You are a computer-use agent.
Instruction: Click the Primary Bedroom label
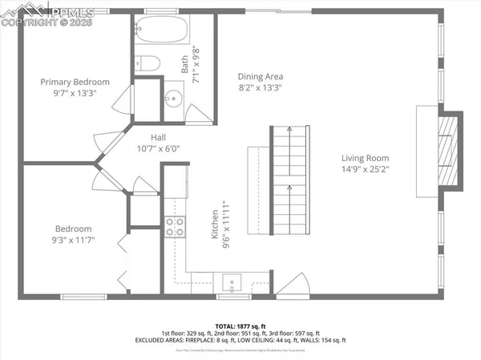point(75,82)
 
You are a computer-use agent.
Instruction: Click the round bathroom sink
point(174,99)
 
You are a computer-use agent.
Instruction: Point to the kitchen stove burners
point(174,227)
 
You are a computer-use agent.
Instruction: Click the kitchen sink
point(231,282)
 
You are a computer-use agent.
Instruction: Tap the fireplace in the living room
point(450,149)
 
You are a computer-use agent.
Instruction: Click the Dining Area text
point(261,77)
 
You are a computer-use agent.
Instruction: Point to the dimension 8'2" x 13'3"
point(261,89)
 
